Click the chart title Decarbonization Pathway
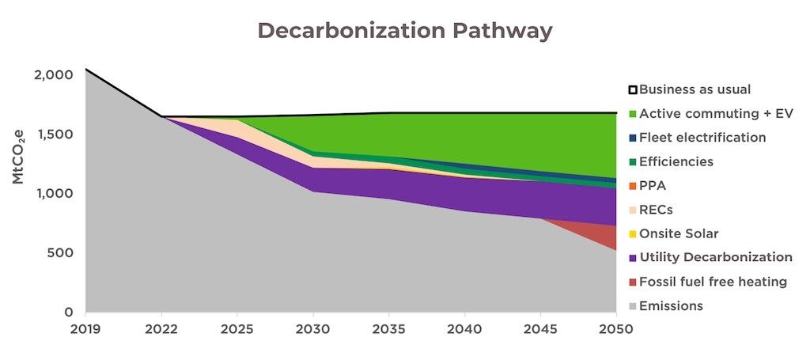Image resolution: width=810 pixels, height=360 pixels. tap(404, 31)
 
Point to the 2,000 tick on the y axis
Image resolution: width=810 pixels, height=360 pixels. tap(55, 74)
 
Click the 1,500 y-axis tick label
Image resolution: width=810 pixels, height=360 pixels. tap(55, 134)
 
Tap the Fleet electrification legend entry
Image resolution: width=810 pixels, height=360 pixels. tap(702, 138)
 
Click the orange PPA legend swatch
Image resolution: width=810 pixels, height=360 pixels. tap(632, 186)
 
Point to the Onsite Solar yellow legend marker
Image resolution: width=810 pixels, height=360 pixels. tap(632, 234)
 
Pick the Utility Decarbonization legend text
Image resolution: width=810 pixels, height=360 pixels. tap(716, 258)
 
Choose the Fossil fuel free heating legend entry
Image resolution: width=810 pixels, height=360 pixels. tap(713, 282)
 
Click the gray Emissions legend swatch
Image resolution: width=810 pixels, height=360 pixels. tap(632, 306)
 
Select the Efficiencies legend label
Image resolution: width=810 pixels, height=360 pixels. tap(676, 161)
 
